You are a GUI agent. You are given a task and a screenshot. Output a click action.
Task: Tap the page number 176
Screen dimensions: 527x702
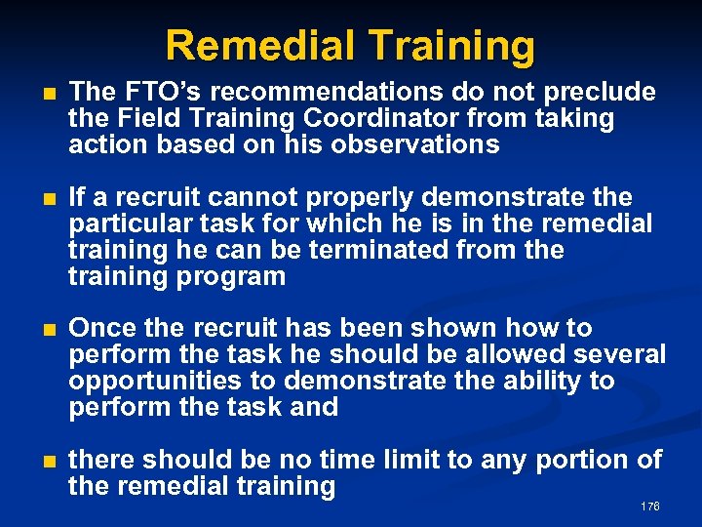(x=650, y=507)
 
